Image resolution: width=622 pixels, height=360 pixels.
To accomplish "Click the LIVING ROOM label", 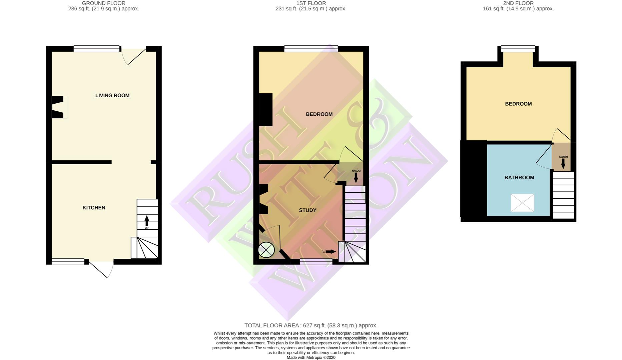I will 112,96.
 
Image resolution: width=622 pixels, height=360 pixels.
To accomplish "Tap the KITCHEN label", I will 94,208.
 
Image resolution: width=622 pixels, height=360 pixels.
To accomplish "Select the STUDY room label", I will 307,210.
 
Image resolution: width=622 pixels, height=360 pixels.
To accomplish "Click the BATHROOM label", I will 519,178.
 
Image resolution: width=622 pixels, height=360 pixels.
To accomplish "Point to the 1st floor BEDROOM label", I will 319,114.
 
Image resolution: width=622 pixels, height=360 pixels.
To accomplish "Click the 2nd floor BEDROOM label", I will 518,104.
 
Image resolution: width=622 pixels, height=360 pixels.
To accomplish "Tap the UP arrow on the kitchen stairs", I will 147,221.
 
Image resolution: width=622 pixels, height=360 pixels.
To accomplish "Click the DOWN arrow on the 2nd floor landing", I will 563,163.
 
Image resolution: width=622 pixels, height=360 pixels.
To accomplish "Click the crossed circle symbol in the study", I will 266,250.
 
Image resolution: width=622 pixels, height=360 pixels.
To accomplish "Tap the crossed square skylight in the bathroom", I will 522,203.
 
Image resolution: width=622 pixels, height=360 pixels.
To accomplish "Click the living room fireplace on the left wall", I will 58,107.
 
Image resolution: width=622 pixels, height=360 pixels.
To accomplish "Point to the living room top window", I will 96,49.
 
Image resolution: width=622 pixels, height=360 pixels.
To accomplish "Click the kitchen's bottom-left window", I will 68,262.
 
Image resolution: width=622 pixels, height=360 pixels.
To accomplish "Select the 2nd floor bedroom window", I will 518,49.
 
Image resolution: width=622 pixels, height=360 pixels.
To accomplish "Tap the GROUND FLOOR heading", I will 103,3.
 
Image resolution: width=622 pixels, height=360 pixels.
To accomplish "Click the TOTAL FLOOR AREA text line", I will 311,326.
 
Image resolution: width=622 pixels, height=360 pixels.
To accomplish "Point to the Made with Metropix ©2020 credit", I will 311,357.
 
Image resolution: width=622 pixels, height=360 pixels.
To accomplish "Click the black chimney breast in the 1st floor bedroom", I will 266,110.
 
